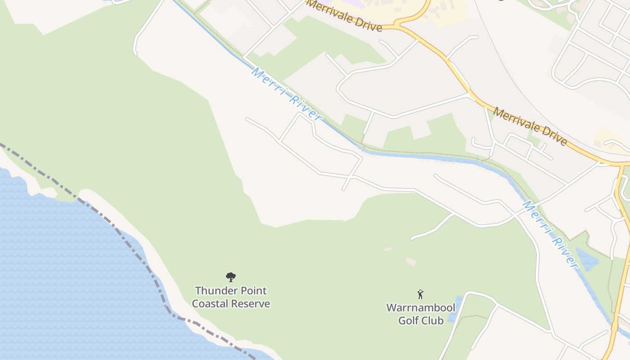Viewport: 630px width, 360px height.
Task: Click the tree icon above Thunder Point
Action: pyautogui.click(x=231, y=277)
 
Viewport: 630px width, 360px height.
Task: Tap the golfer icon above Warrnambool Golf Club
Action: pyautogui.click(x=420, y=294)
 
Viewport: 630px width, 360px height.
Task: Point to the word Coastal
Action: pyautogui.click(x=209, y=304)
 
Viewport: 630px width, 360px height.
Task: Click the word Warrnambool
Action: pyautogui.click(x=421, y=308)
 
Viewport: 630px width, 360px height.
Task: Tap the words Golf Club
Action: pyautogui.click(x=421, y=320)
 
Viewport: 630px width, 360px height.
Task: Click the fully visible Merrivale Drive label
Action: pyautogui.click(x=530, y=126)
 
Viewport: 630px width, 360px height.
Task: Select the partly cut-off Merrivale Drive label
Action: pyautogui.click(x=344, y=16)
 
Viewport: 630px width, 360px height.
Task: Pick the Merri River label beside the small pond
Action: pyautogui.click(x=550, y=234)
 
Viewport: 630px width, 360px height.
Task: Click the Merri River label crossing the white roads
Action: pyautogui.click(x=286, y=94)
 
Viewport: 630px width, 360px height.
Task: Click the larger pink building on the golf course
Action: pyautogui.click(x=411, y=261)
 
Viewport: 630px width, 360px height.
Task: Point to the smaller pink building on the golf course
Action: pyautogui.click(x=387, y=249)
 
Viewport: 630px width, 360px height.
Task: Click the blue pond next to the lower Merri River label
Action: pyautogui.click(x=587, y=260)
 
